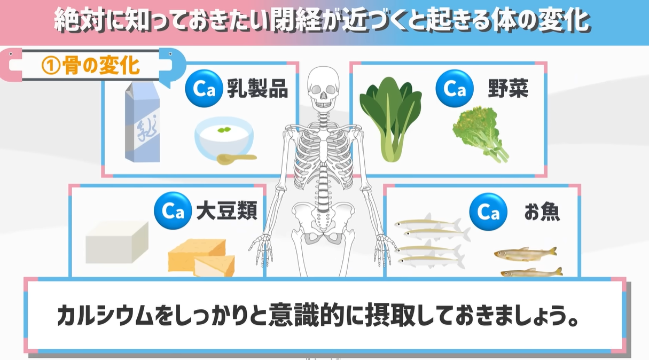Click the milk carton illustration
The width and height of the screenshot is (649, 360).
pos(142,122)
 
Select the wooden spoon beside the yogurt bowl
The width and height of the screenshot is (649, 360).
pos(237,159)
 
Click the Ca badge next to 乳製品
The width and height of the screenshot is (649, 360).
pos(204,88)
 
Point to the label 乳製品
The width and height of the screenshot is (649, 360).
pos(257,88)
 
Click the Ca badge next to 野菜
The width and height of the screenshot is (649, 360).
pos(455,88)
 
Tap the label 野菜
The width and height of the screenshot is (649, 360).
pos(508,88)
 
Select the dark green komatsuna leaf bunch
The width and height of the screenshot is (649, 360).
pos(390,119)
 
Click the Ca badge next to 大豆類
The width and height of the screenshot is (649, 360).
pos(173,210)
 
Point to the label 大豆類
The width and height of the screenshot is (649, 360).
pos(226,210)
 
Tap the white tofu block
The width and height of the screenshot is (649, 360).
pos(117,242)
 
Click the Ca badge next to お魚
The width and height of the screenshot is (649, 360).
pos(488,212)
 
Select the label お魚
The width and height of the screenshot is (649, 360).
pos(542,212)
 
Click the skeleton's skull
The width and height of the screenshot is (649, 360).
pos(323,88)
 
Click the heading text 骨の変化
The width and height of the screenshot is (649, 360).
pos(101,66)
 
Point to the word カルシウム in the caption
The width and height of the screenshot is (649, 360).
pos(105,315)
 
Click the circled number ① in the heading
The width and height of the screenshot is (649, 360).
pos(51,66)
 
